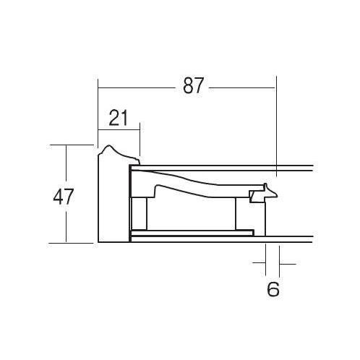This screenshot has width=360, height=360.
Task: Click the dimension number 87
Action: click(x=193, y=85)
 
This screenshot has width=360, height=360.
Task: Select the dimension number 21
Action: click(x=118, y=118)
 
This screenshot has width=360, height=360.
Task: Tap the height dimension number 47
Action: click(x=64, y=197)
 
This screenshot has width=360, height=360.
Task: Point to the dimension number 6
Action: click(x=273, y=289)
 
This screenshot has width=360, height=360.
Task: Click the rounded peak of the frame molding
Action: click(x=109, y=145)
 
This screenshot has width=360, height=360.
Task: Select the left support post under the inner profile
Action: click(x=139, y=214)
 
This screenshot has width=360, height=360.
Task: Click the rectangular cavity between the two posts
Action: click(x=191, y=214)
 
